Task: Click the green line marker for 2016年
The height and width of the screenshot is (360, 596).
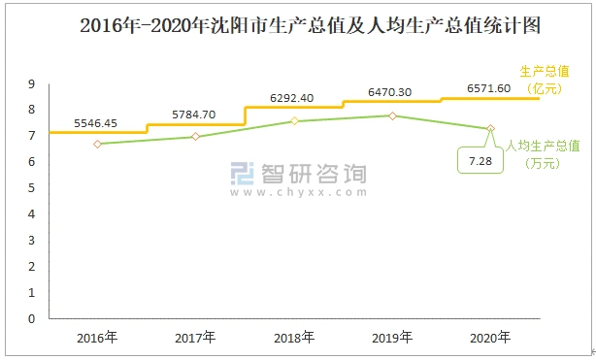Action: (x=98, y=144)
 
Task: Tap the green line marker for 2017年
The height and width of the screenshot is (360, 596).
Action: (x=196, y=137)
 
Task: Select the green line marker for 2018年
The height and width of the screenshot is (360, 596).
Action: (x=294, y=121)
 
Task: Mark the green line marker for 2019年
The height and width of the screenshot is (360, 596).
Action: (x=392, y=115)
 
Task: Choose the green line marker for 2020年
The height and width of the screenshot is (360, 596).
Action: (x=491, y=128)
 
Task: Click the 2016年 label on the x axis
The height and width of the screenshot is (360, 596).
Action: (x=98, y=338)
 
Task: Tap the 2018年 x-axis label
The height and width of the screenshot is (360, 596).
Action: (x=294, y=338)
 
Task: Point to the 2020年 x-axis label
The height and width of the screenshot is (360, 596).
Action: (x=491, y=338)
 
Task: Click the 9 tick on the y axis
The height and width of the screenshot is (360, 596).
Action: (x=32, y=83)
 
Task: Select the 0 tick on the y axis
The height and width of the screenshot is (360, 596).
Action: (x=32, y=318)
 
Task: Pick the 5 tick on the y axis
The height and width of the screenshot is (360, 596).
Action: (x=32, y=188)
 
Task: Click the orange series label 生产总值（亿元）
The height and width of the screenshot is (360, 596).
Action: (x=544, y=80)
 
